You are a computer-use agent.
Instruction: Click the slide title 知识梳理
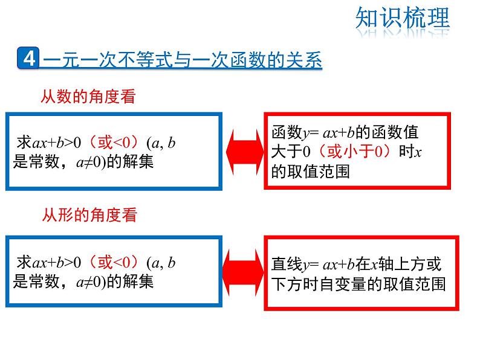[403, 19]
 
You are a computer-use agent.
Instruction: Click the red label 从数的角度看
[88, 96]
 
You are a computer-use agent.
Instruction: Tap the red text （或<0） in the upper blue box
[114, 143]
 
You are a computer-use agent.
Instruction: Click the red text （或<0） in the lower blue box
[114, 262]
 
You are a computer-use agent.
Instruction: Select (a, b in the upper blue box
[161, 143]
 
